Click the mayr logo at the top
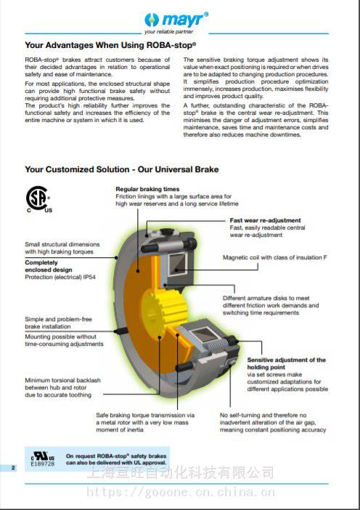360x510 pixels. click(176, 20)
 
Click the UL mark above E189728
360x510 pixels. click(43, 456)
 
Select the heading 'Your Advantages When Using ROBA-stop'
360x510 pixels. click(110, 45)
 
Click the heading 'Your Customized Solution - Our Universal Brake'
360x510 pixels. click(122, 169)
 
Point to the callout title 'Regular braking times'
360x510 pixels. click(147, 189)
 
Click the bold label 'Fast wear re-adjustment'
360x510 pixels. click(265, 220)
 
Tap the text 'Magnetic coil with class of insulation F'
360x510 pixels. click(275, 257)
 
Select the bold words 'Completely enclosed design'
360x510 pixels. click(49, 266)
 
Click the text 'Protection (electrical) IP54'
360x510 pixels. click(60, 277)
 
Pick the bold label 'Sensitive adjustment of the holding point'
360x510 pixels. click(286, 363)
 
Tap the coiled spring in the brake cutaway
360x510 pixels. click(214, 347)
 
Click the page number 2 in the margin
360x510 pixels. click(13, 468)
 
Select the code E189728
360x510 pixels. click(43, 464)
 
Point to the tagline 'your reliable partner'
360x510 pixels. click(168, 31)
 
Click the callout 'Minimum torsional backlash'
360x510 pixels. click(62, 380)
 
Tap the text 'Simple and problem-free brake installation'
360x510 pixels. click(59, 323)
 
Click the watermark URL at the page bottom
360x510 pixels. click(181, 492)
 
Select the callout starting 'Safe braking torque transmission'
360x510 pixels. click(145, 423)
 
